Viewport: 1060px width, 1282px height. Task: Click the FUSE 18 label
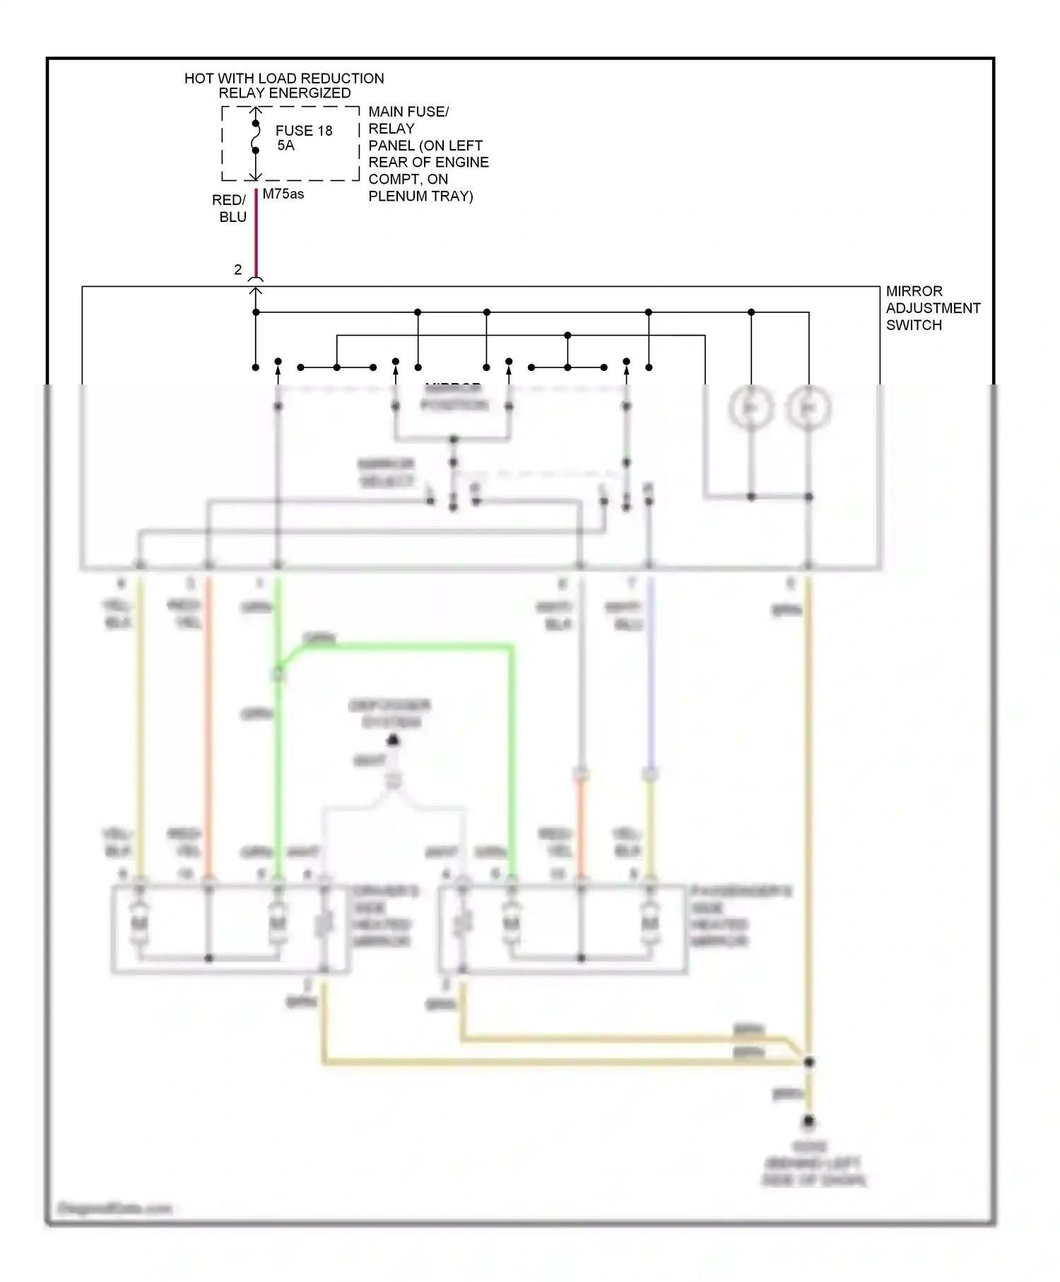(304, 131)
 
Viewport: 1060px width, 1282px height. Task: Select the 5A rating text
(285, 146)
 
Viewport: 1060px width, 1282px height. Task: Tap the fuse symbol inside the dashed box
(256, 137)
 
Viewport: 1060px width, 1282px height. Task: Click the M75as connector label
(283, 194)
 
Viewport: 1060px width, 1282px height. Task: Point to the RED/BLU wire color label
(230, 208)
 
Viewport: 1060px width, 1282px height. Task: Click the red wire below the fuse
(256, 233)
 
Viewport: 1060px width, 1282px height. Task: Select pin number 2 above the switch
(238, 270)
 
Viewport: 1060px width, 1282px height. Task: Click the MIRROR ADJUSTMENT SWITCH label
(932, 308)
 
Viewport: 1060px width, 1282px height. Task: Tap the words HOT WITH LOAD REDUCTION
(284, 78)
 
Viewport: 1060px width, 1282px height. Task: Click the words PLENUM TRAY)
(420, 196)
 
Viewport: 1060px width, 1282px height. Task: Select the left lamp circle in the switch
(750, 408)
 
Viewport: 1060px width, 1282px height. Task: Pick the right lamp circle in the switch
(808, 408)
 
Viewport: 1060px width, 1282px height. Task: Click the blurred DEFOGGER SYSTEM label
(389, 714)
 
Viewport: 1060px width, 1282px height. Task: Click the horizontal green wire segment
(410, 645)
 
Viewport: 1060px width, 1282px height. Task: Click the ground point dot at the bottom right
(808, 1122)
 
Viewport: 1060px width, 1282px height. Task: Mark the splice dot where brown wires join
(809, 1062)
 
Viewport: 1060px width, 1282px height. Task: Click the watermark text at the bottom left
(114, 1208)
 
